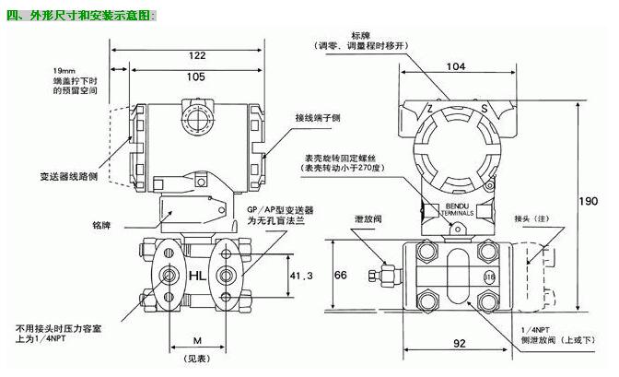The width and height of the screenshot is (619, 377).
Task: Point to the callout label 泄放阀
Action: (370, 220)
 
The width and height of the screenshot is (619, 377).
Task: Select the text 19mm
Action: (64, 70)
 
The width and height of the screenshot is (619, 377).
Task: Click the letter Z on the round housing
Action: (428, 109)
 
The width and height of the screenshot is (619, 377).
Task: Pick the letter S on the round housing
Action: (484, 109)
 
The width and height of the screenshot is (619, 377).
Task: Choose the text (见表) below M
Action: (194, 358)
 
